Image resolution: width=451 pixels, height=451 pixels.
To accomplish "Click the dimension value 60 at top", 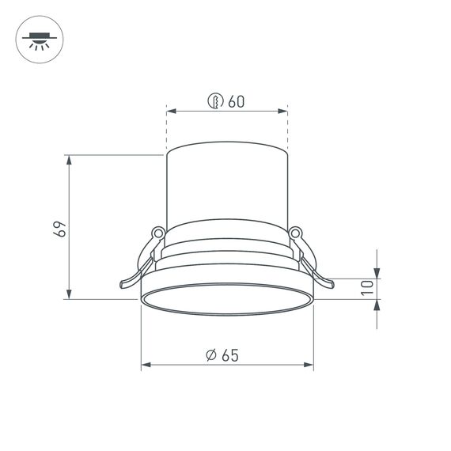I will [x=236, y=101].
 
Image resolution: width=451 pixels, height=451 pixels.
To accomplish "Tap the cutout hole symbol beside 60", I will [x=214, y=101].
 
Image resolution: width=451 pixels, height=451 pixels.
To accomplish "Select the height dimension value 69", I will [x=58, y=229].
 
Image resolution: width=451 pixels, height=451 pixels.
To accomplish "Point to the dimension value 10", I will [x=366, y=289].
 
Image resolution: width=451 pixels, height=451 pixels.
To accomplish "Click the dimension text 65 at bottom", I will [x=230, y=355].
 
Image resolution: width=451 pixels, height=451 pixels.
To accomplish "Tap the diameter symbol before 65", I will [x=210, y=355].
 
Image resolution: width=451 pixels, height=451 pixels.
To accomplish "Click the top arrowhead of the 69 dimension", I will [x=70, y=159].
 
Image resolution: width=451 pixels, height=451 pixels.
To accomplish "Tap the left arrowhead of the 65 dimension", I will [x=146, y=366].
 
